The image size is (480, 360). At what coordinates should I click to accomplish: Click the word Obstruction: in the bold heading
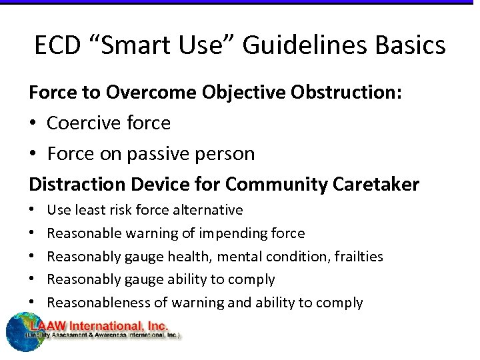[x=346, y=93]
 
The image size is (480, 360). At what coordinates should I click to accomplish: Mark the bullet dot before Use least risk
[x=33, y=211]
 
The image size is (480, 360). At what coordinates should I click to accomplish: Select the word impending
[x=241, y=233]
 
